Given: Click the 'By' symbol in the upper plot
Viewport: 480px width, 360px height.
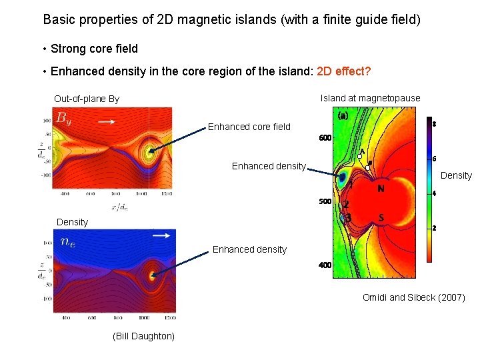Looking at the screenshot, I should (63, 119).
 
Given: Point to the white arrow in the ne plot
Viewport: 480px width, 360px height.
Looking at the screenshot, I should (160, 235).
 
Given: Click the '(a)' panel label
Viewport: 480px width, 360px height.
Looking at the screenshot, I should (343, 116).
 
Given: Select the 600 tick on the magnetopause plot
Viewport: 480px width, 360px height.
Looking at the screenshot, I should (325, 138).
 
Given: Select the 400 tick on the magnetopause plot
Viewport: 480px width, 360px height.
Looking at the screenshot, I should (325, 265).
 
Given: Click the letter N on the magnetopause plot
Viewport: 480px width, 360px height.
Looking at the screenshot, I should (381, 189).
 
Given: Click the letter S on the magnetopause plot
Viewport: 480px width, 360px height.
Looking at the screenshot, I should (381, 217).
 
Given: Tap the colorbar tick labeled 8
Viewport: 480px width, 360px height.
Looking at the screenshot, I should (434, 124).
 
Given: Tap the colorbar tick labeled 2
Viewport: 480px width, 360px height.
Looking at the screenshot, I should (434, 228).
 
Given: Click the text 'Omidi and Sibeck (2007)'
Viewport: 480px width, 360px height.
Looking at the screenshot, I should (413, 297).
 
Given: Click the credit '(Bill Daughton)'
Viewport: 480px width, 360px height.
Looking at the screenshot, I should (144, 336).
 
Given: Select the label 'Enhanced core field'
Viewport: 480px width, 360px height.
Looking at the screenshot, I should (249, 127).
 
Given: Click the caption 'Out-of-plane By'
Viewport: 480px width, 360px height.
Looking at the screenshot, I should (87, 99).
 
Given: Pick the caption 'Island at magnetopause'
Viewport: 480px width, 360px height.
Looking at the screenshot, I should (370, 98).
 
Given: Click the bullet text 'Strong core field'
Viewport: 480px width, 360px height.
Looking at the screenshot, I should (94, 49).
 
